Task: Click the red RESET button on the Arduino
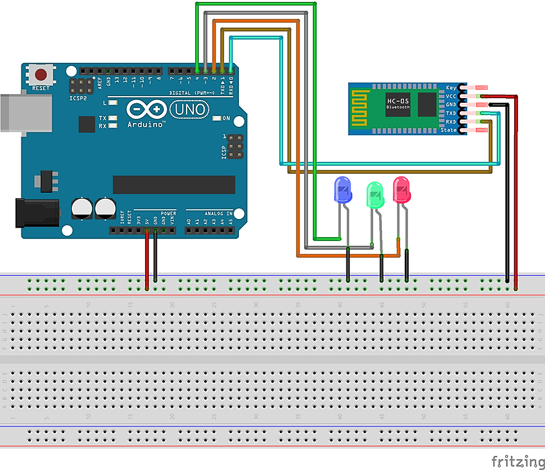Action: (42, 75)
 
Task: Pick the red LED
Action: (401, 190)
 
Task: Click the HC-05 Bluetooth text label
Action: (398, 103)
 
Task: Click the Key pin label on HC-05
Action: (451, 88)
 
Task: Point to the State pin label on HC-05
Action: (448, 130)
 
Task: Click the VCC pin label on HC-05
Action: (450, 96)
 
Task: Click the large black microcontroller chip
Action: (174, 185)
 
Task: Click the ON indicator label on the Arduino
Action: (226, 119)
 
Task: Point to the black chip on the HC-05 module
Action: (428, 105)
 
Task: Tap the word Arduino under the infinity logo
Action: (146, 124)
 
